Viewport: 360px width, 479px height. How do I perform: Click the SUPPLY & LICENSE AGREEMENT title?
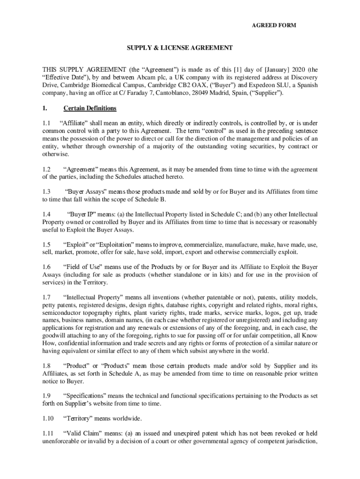180,48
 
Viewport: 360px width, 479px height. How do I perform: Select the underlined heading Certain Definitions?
90,109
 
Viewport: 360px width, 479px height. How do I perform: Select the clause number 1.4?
46,214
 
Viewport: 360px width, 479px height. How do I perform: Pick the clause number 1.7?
46,297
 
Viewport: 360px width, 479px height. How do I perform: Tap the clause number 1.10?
48,418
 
